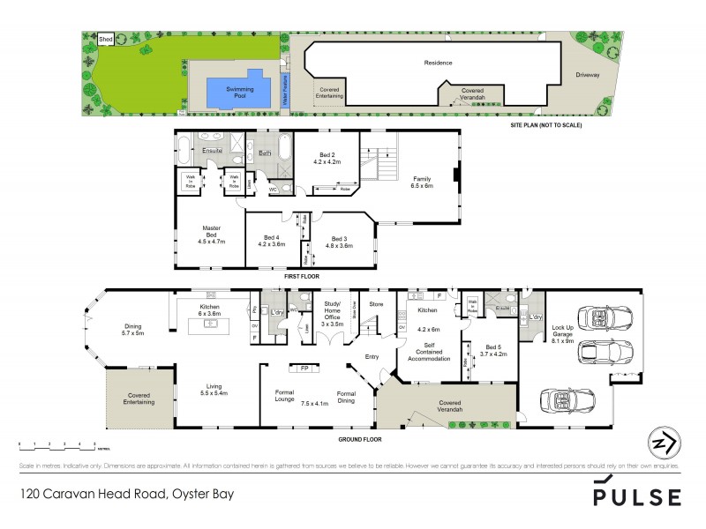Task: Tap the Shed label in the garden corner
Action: point(105,40)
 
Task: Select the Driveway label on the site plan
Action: point(587,75)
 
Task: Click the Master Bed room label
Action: point(210,231)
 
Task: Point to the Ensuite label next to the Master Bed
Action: point(213,152)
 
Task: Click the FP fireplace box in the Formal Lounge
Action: point(304,368)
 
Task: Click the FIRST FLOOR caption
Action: point(301,277)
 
